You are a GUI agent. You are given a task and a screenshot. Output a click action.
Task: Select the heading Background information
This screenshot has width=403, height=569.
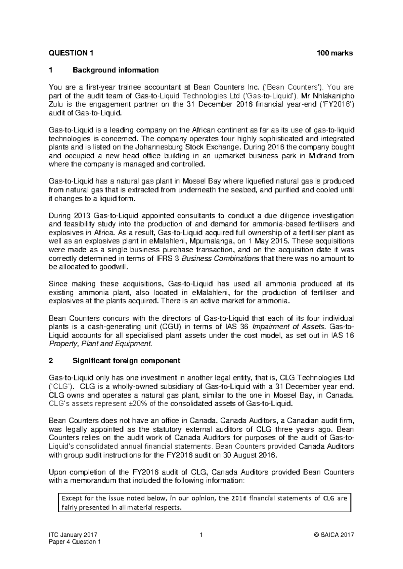coord(115,70)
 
